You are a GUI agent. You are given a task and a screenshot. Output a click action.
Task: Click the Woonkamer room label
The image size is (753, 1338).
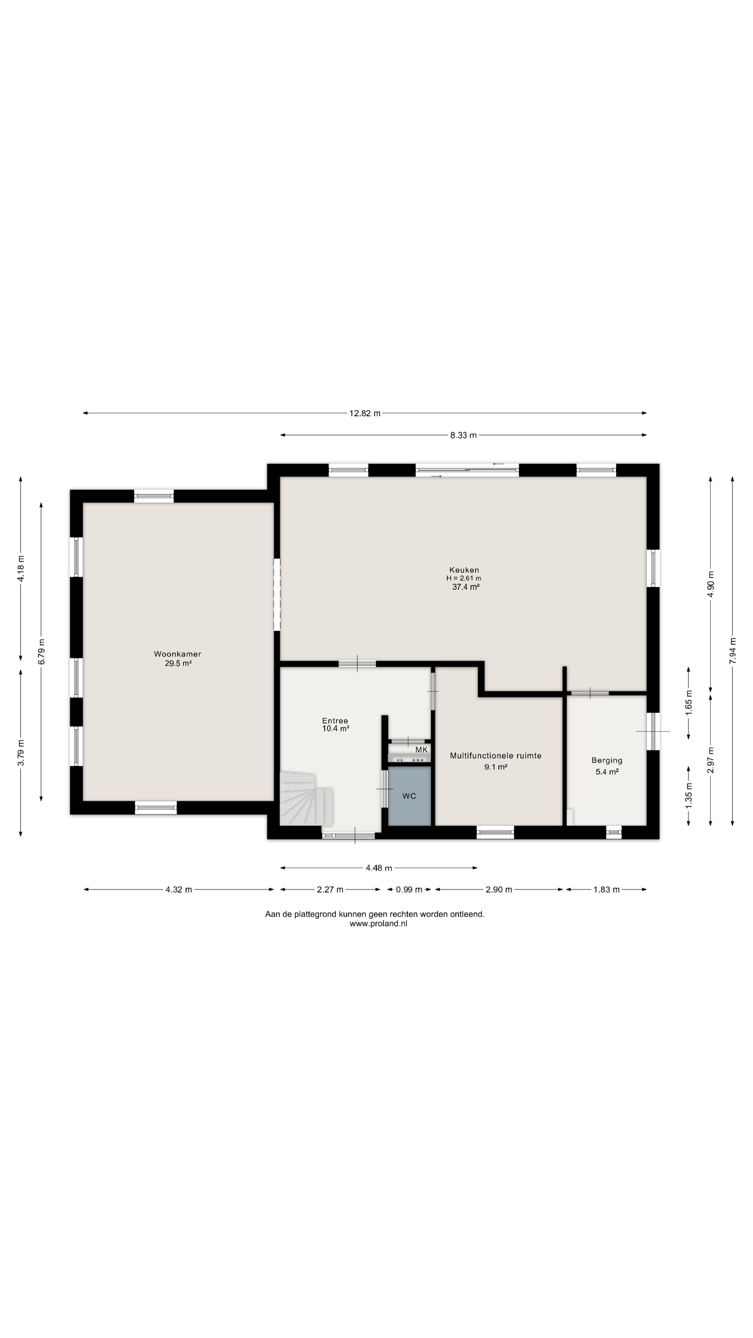click(177, 654)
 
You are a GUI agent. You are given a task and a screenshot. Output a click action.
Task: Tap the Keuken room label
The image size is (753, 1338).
click(464, 570)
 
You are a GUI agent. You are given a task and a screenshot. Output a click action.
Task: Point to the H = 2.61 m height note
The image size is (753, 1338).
click(464, 578)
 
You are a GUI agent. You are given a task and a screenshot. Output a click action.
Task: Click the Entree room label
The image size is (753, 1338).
click(335, 721)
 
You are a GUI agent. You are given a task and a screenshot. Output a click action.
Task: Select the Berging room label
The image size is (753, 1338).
click(607, 760)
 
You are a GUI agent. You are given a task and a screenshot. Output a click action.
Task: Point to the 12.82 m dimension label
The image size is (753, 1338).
click(365, 414)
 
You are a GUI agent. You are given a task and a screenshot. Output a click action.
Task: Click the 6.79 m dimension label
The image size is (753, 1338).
click(41, 651)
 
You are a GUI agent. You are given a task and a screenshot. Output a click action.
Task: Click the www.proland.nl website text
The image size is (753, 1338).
click(378, 923)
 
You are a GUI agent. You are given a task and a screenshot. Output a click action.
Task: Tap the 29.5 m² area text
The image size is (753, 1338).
click(178, 663)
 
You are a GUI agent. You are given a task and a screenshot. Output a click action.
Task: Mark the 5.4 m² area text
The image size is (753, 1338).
click(607, 772)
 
